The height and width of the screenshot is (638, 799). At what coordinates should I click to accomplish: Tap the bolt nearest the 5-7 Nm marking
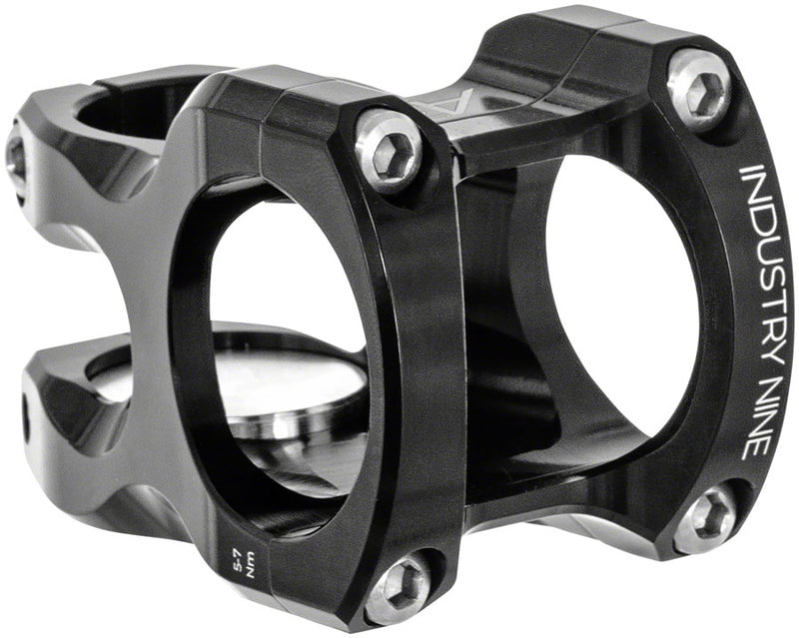[398, 586]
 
